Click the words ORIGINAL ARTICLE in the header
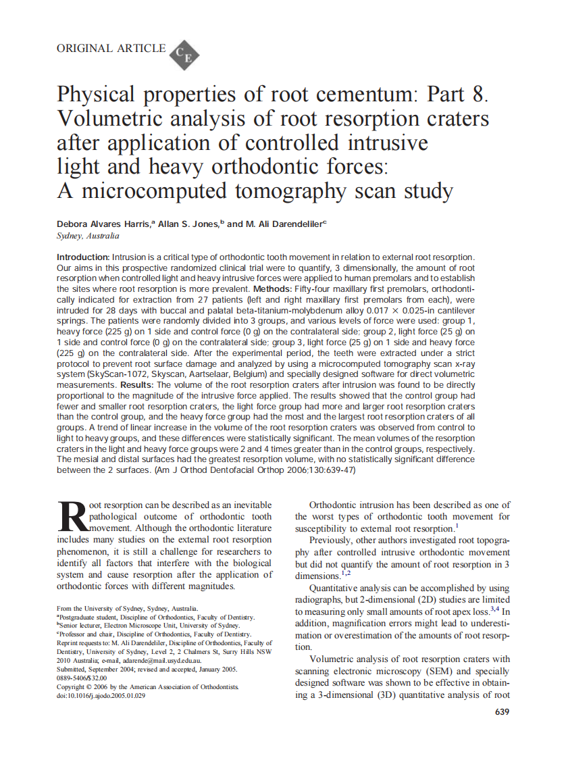click(x=111, y=48)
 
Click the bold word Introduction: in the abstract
click(x=82, y=257)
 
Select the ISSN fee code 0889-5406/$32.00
click(x=82, y=677)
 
